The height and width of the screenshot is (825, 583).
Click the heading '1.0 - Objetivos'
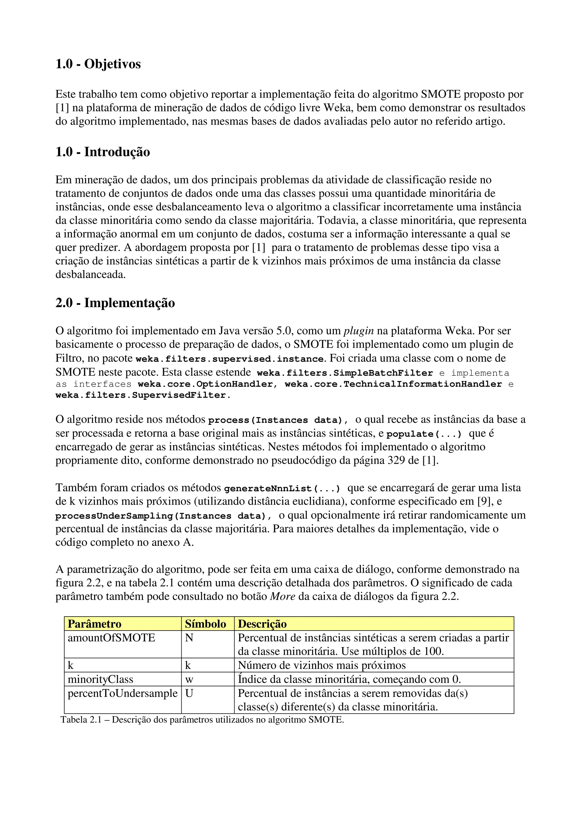click(x=98, y=64)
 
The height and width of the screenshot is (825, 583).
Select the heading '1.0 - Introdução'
click(x=103, y=152)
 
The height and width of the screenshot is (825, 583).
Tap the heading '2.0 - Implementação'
click(x=115, y=303)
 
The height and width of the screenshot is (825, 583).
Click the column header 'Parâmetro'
click(x=95, y=624)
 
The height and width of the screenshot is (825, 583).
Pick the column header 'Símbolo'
click(x=206, y=624)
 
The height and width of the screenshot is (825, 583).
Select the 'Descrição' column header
click(x=262, y=624)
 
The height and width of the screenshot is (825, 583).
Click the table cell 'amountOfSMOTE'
click(x=111, y=638)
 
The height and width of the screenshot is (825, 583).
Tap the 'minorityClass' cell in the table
click(x=100, y=680)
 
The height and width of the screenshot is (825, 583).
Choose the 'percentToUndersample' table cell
click(x=122, y=693)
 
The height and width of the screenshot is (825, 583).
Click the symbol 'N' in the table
click(x=189, y=638)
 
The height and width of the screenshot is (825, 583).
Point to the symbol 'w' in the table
click(x=189, y=680)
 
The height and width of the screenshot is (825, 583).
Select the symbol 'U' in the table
click(x=189, y=693)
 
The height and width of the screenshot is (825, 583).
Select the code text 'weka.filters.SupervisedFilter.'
click(x=143, y=395)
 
